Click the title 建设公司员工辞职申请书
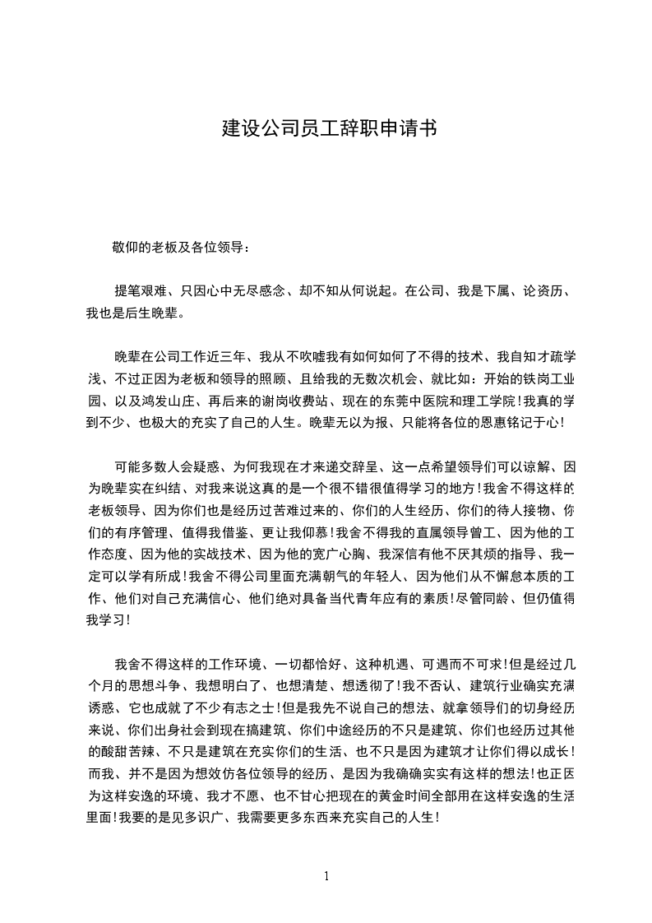coord(329,128)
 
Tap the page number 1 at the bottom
coord(326,875)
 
